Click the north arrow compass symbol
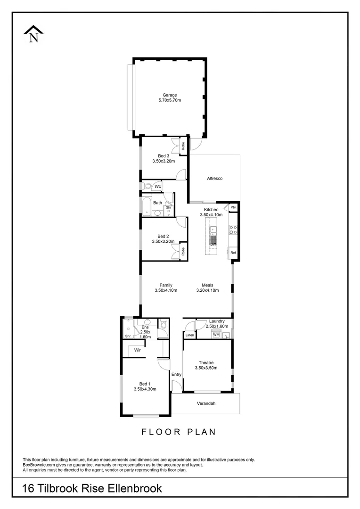(x=33, y=35)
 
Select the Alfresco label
(x=214, y=179)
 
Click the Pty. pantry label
(x=233, y=207)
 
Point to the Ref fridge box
(x=233, y=253)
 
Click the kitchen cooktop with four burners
(x=232, y=230)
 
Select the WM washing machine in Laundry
(x=216, y=335)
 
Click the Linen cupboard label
(x=189, y=335)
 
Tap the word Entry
(x=176, y=375)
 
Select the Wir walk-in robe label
(x=138, y=350)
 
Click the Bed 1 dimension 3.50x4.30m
(x=145, y=389)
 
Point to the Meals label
(x=207, y=285)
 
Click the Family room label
(x=165, y=285)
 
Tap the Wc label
(x=158, y=187)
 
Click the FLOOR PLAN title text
(x=179, y=431)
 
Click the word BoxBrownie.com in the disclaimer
(x=39, y=465)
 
